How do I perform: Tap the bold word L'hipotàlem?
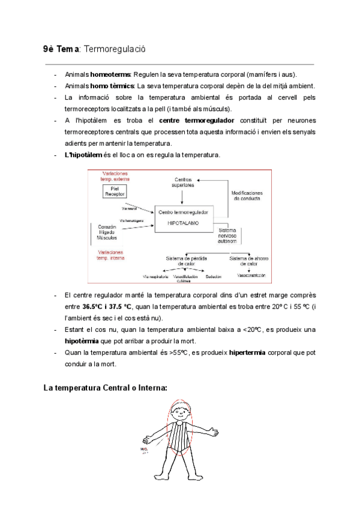83,155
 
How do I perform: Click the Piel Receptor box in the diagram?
112,191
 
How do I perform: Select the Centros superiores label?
184,182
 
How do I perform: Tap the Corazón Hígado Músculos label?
107,232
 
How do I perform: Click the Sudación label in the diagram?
212,277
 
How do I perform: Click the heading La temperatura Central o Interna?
105,388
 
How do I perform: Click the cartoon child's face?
179,414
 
